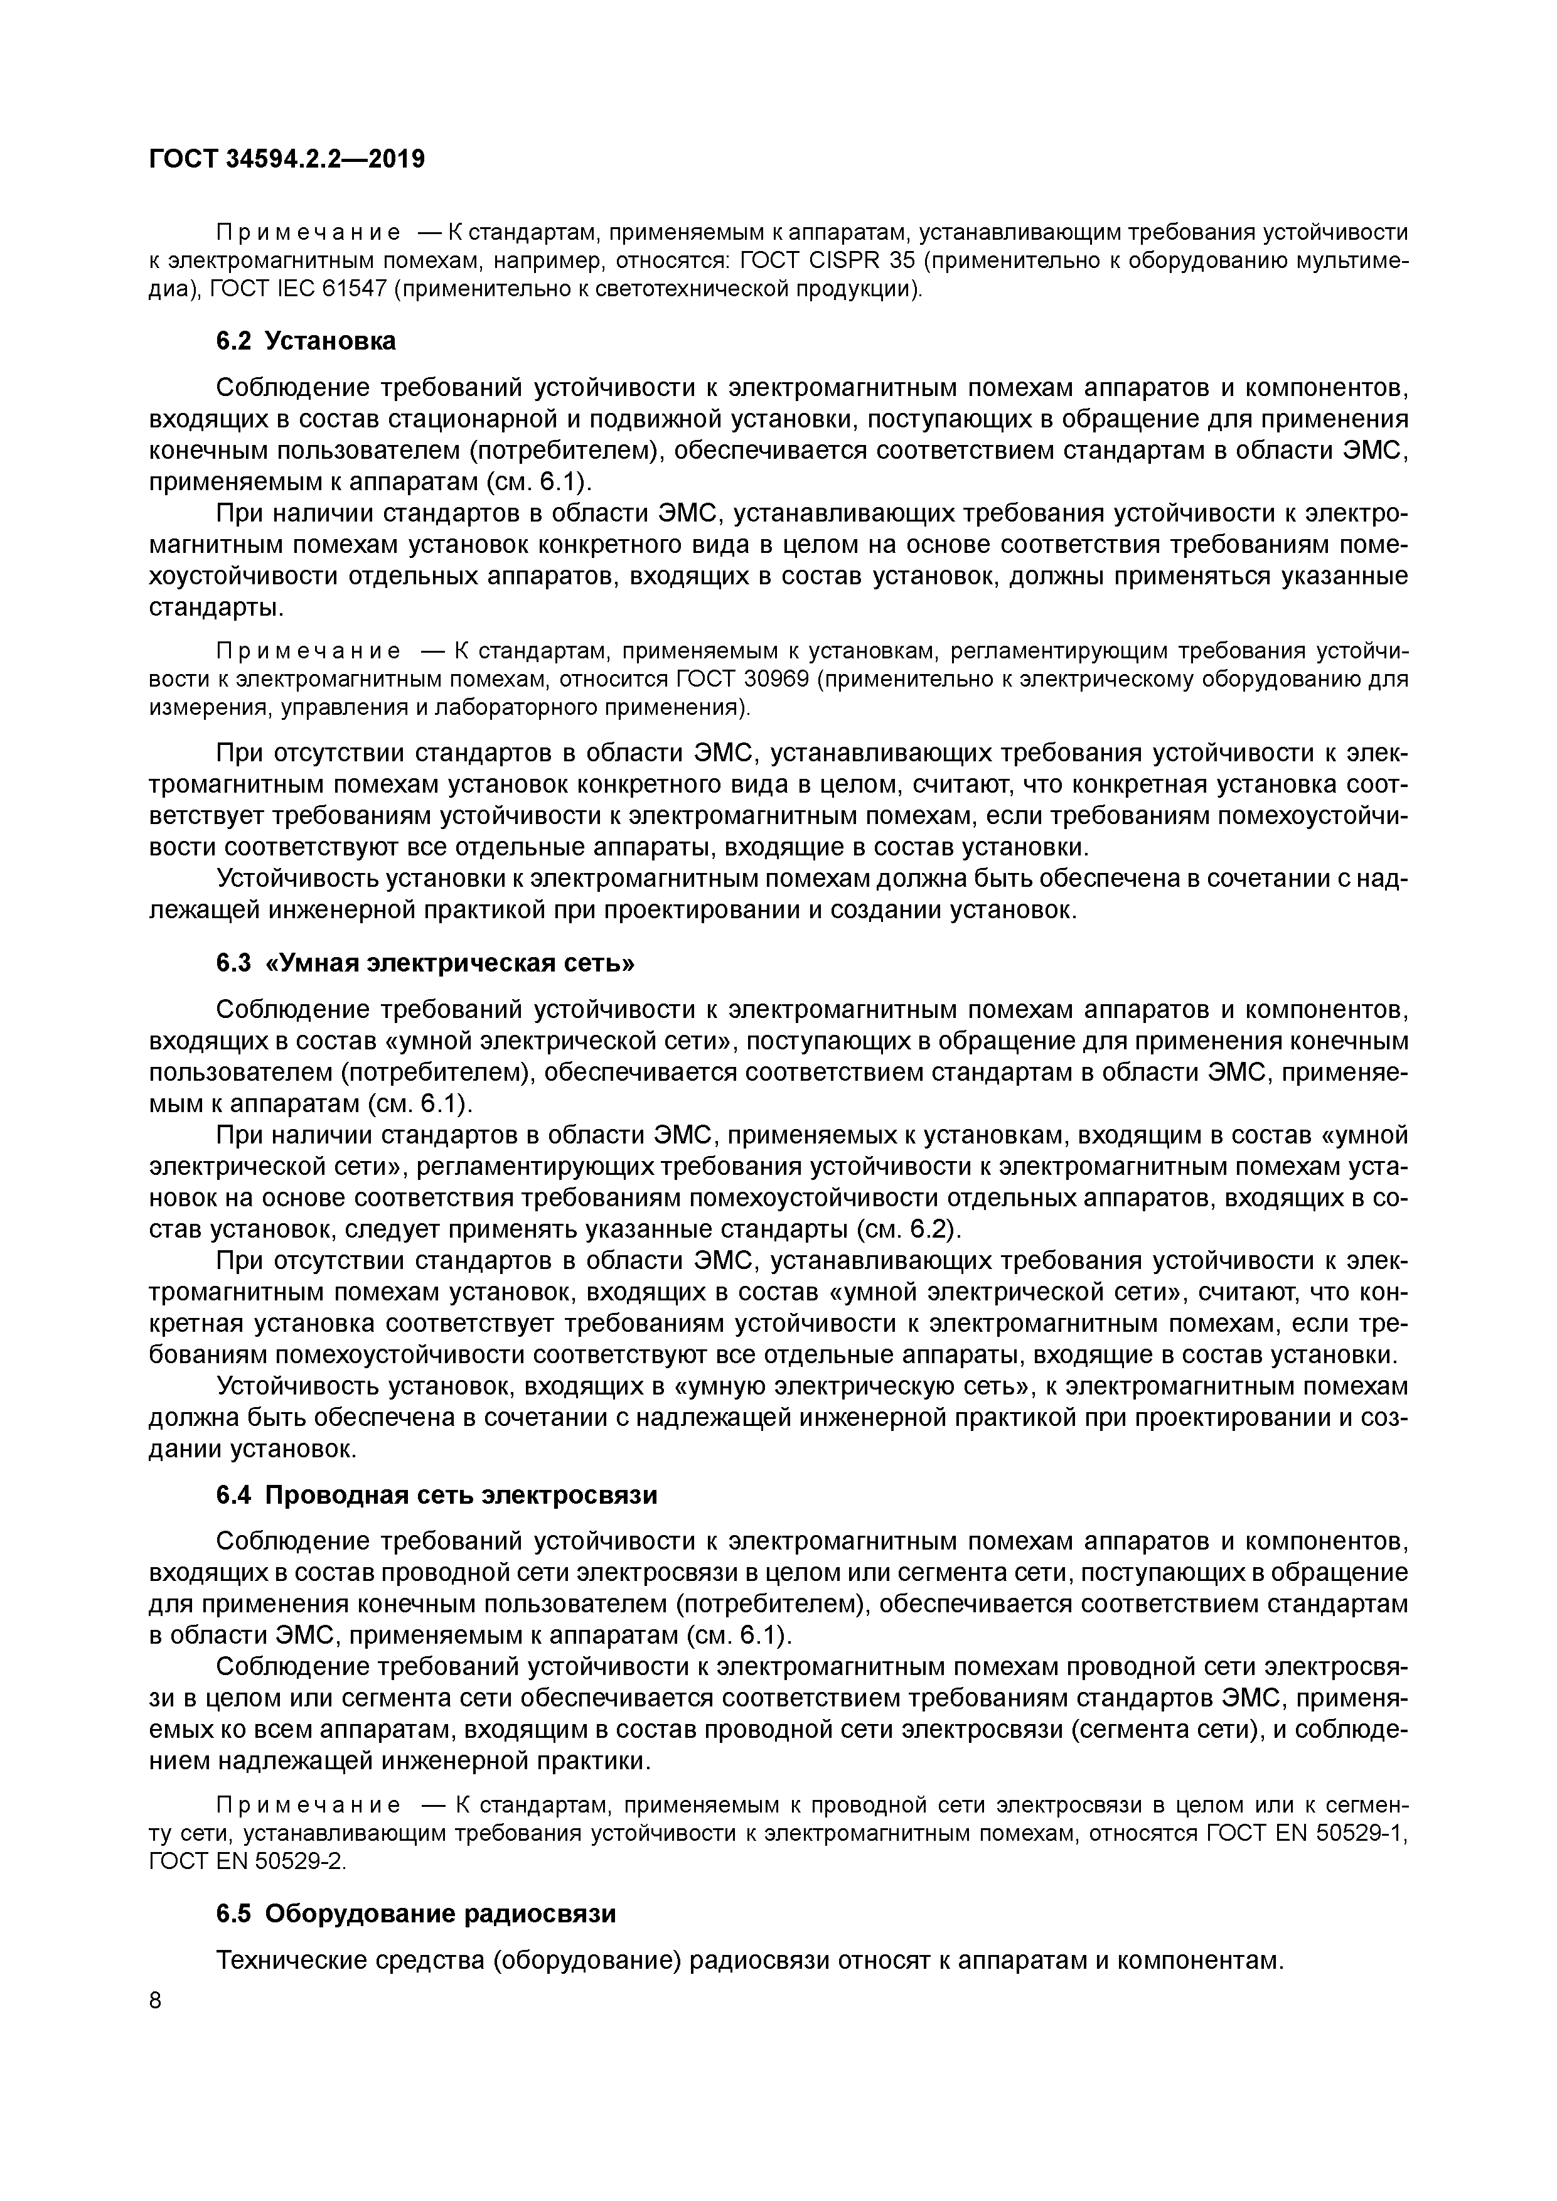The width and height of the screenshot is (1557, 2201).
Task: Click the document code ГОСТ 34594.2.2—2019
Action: (x=287, y=159)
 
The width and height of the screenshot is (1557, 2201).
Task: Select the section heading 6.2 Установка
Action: (x=305, y=341)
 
